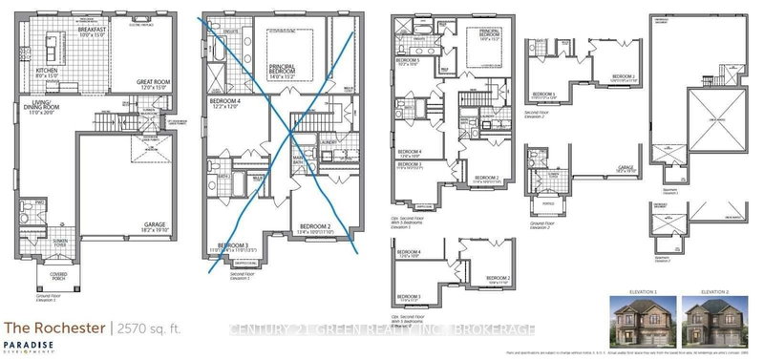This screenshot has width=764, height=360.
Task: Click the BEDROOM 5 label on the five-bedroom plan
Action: (410, 61)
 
